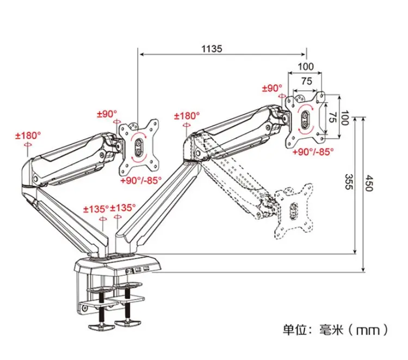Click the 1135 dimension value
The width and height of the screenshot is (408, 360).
[x=212, y=48]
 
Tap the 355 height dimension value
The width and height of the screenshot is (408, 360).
[x=349, y=182]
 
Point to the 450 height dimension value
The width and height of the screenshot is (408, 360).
[x=369, y=183]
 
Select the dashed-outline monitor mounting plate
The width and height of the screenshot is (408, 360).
[x=294, y=211]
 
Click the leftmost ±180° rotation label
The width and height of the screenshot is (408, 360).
[x=28, y=135]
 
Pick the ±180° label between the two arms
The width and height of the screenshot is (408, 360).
[x=187, y=116]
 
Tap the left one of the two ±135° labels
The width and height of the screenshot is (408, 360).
[x=96, y=209]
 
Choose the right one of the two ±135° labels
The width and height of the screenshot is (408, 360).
[x=123, y=208]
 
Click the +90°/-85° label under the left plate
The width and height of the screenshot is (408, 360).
[x=141, y=180]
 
